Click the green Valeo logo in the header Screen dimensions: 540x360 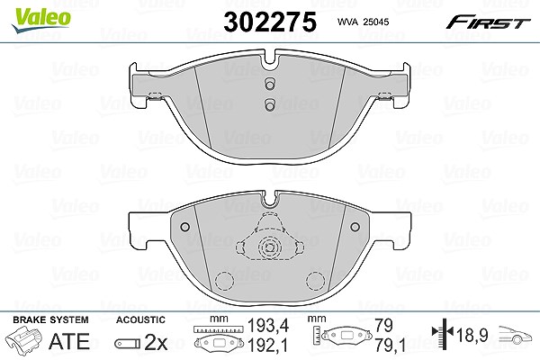tap(40, 20)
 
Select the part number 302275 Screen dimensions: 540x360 tap(270, 22)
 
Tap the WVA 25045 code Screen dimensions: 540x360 tap(363, 22)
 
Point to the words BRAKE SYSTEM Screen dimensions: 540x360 tap(50, 319)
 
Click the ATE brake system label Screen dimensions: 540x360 tap(69, 341)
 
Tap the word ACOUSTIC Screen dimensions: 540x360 tap(140, 319)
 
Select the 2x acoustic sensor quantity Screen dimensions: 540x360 tap(156, 342)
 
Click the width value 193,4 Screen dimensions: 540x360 tap(268, 325)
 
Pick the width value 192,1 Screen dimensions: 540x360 tap(268, 345)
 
